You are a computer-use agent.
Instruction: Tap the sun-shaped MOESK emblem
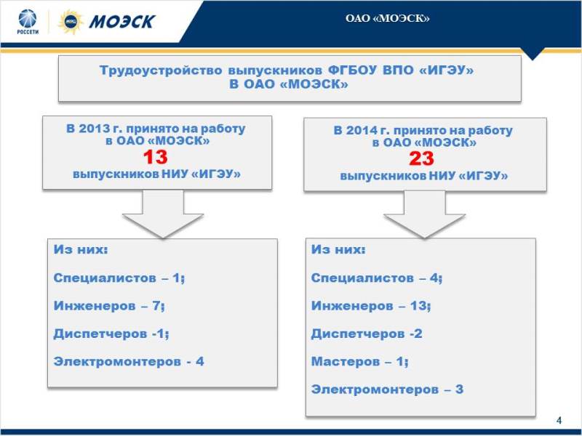(71, 22)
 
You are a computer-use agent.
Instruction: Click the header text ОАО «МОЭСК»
(388, 19)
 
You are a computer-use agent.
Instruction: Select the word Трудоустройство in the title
(161, 70)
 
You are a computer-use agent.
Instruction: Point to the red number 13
(156, 157)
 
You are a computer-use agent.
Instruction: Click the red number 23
(421, 158)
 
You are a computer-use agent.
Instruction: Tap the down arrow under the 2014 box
(425, 214)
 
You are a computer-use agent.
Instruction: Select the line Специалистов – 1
(119, 278)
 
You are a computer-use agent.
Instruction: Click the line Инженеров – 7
(109, 306)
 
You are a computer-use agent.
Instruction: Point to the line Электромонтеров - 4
(129, 361)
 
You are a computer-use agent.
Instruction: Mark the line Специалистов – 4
(377, 278)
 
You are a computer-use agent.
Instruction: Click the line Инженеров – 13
(371, 306)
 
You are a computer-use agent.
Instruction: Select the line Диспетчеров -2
(367, 334)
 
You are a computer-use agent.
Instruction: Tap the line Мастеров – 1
(359, 361)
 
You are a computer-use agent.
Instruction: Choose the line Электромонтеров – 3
(387, 389)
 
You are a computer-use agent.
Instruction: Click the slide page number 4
(559, 421)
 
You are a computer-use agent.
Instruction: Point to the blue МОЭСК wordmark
(121, 22)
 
